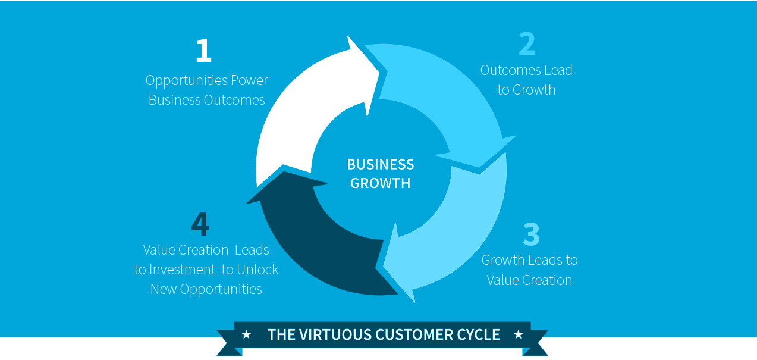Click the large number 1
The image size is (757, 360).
tap(203, 51)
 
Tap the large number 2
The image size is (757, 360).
tap(527, 44)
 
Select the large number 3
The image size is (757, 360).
tap(531, 234)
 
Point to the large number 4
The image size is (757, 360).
tap(200, 224)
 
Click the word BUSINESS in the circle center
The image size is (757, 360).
tap(381, 164)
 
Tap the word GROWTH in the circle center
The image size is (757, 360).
tap(381, 183)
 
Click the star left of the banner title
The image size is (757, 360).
tap(246, 334)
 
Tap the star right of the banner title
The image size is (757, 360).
tap(518, 334)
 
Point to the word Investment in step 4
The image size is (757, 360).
tap(183, 270)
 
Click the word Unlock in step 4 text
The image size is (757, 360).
tap(257, 270)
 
